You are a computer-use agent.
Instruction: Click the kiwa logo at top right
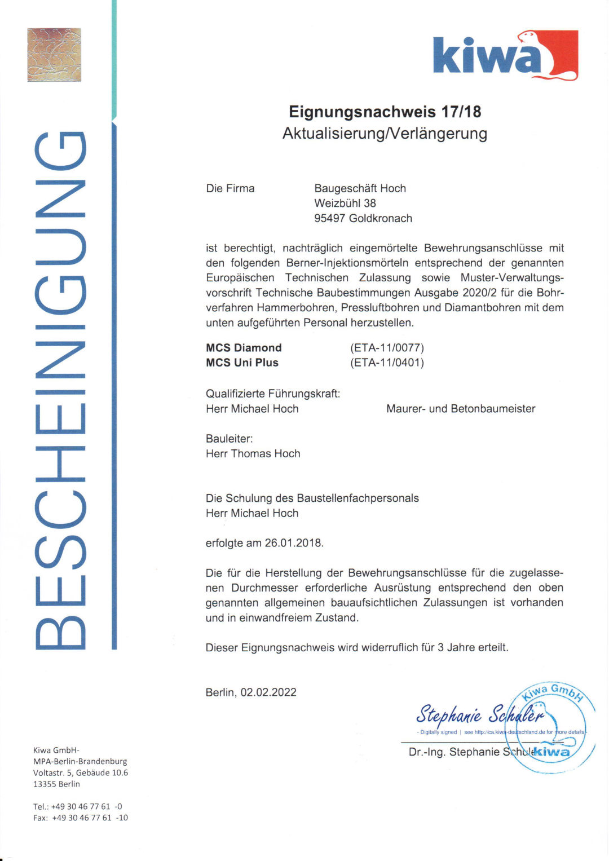pos(505,55)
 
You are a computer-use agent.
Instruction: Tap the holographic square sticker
pos(54,55)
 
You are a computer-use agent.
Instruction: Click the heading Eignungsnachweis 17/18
pos(385,112)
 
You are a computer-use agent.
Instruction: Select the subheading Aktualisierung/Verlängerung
pos(385,134)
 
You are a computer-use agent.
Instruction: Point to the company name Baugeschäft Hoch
pos(360,188)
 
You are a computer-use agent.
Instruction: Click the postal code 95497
pos(329,218)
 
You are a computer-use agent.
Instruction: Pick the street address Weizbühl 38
pos(345,203)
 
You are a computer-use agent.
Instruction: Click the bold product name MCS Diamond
pos(244,348)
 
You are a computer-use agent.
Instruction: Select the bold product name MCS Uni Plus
pos(242,363)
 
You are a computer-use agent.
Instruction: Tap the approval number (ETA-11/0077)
pos(387,348)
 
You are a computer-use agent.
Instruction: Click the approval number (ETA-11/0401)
pos(387,363)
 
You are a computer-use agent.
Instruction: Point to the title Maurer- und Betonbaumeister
pos(461,409)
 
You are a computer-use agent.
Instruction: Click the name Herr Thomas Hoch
pos(253,453)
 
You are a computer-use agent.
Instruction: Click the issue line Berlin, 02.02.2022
pos(251,692)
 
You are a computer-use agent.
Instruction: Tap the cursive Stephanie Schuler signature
pos(479,715)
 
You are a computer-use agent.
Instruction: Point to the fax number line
pos(80,818)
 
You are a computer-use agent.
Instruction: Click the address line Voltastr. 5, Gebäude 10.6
pos(80,772)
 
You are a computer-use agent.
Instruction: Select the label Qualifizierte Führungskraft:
pos(273,394)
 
